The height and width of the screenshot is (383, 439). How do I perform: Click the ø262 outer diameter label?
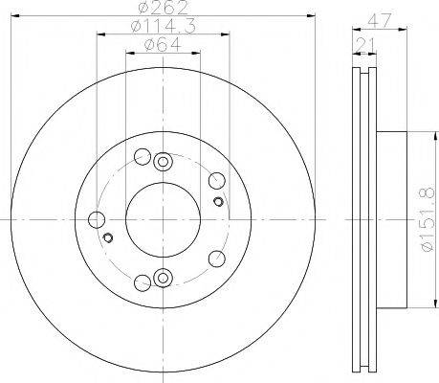(164, 8)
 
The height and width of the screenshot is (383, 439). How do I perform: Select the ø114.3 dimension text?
(164, 26)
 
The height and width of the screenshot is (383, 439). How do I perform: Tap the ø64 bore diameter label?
(163, 44)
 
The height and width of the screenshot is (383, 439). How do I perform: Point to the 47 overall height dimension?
(379, 21)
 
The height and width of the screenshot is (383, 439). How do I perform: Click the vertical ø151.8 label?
(428, 219)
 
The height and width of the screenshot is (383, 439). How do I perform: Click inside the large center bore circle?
(163, 219)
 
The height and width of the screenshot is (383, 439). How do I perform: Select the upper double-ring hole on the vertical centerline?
(163, 162)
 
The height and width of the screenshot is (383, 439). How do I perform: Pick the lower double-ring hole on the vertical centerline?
(163, 278)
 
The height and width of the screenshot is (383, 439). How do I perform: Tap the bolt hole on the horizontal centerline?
(97, 220)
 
